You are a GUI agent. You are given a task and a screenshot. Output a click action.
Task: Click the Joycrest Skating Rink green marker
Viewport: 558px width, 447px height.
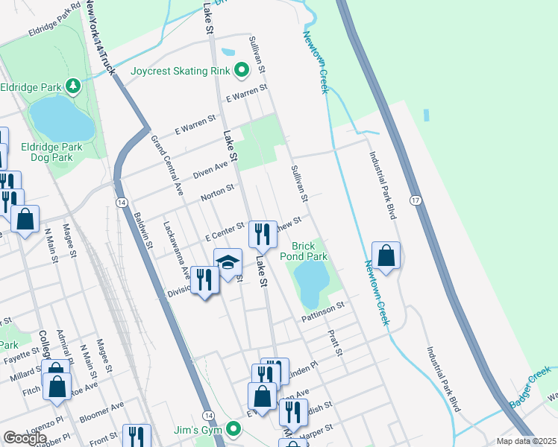coord(242,72)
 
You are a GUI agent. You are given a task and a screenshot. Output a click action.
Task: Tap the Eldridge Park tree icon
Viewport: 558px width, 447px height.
coord(72,86)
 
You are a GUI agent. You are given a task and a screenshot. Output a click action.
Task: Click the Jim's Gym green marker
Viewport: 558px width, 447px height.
coord(234,429)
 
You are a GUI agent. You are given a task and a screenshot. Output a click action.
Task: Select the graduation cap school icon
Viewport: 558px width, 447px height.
coord(228,262)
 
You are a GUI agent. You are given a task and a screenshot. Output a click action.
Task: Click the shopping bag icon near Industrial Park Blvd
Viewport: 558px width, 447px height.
coord(386,256)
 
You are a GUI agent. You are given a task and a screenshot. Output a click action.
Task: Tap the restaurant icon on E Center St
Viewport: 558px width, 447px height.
coord(260,235)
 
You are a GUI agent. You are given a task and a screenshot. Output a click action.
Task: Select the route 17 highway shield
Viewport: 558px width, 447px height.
coord(416,200)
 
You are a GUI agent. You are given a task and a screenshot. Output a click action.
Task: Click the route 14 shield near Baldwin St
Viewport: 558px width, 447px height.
coord(120,202)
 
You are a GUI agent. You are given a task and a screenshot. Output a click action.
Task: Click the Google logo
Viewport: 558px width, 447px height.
coord(25,437)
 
